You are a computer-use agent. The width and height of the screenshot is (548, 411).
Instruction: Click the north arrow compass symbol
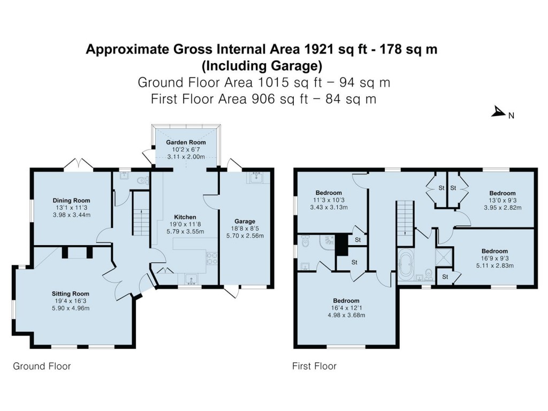click(x=498, y=112)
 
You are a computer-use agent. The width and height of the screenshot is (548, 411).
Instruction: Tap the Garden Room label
click(x=186, y=142)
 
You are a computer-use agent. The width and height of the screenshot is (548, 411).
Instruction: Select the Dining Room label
click(x=71, y=201)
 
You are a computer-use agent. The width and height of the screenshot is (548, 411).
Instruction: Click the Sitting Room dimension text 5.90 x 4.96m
click(x=71, y=308)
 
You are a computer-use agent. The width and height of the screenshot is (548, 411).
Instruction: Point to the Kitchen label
click(x=185, y=217)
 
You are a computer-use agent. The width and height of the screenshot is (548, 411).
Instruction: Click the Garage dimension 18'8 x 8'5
click(x=245, y=229)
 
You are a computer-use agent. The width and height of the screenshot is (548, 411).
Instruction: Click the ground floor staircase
click(x=141, y=213)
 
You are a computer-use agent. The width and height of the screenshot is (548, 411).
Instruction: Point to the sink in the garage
click(x=258, y=177)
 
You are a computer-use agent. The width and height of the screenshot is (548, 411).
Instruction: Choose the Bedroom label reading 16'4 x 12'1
click(x=346, y=301)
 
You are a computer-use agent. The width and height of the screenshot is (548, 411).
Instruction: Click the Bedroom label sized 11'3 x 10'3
click(x=329, y=193)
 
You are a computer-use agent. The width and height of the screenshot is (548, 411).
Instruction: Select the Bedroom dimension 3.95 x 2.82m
click(x=503, y=208)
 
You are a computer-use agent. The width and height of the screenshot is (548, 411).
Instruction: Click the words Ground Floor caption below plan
click(x=42, y=366)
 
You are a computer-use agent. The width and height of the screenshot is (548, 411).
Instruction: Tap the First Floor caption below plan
click(x=314, y=366)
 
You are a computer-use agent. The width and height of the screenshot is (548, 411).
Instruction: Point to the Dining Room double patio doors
click(x=79, y=165)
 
